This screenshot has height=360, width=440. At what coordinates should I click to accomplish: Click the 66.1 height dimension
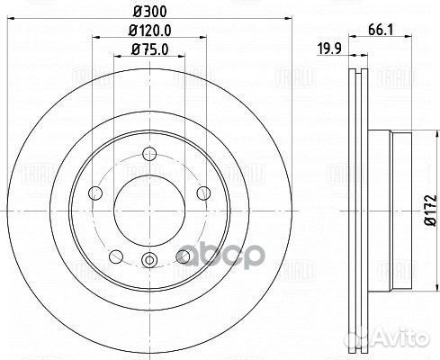click(379, 30)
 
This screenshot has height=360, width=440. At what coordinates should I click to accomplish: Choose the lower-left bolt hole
click(116, 257)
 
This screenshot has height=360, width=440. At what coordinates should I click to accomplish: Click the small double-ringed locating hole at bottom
click(149, 262)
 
